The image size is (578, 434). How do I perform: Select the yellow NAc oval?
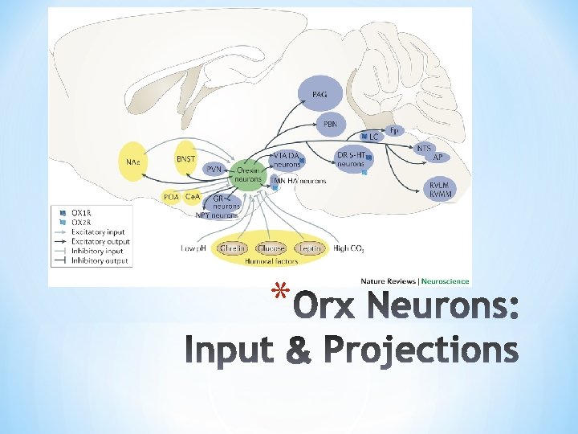click(x=132, y=162)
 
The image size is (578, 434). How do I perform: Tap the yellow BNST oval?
click(x=185, y=160)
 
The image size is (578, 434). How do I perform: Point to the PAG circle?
click(x=319, y=95)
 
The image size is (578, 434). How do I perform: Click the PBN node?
click(x=330, y=125)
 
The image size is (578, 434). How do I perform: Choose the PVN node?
click(x=214, y=170)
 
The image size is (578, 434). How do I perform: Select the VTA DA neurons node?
click(x=287, y=159)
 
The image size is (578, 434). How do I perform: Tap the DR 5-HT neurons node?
click(x=351, y=159)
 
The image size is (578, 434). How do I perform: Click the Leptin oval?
click(x=311, y=249)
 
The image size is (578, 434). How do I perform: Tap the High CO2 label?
click(x=348, y=249)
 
